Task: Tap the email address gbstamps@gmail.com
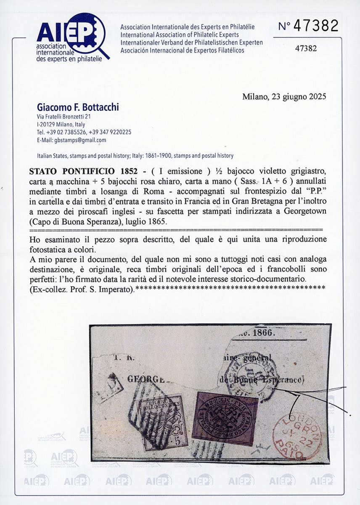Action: point(71,140)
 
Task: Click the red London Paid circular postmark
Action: point(294,435)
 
